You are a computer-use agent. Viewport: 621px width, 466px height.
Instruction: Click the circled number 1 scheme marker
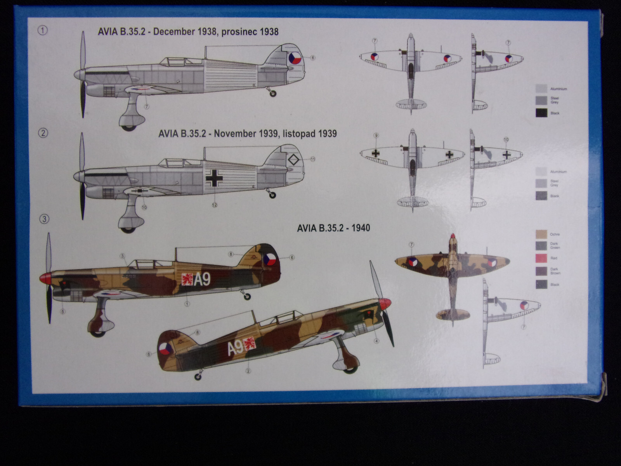[43, 30]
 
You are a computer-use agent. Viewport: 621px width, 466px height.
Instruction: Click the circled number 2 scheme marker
[43, 133]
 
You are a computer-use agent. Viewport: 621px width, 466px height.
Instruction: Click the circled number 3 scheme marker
[44, 219]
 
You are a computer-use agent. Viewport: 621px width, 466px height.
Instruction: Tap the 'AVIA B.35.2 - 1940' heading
[333, 228]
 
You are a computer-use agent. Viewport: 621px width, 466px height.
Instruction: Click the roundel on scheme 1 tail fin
[295, 58]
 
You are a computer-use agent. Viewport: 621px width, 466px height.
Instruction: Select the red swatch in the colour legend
[541, 258]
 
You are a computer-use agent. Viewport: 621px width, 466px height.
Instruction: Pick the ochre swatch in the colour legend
[541, 234]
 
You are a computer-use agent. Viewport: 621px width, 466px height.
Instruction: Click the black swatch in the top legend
[541, 113]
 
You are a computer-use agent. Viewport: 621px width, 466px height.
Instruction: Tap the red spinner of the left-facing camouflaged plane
[45, 277]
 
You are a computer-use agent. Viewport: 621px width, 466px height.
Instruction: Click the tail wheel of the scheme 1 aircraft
[273, 93]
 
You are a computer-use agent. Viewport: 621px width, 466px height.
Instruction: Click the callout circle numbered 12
[215, 205]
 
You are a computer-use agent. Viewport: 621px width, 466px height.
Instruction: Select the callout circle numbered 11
[313, 159]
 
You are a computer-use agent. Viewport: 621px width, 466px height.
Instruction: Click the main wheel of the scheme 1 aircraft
[129, 125]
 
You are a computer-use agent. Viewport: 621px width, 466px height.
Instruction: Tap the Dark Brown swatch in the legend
[541, 271]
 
